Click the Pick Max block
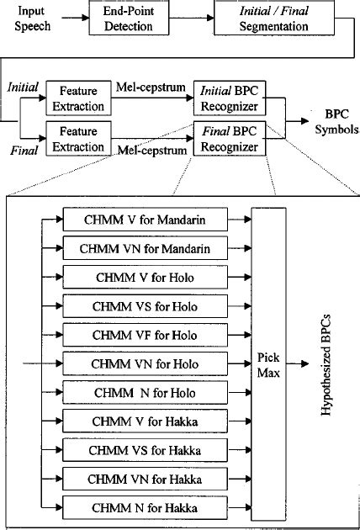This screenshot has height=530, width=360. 268,364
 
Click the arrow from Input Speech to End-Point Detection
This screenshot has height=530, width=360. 71,19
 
